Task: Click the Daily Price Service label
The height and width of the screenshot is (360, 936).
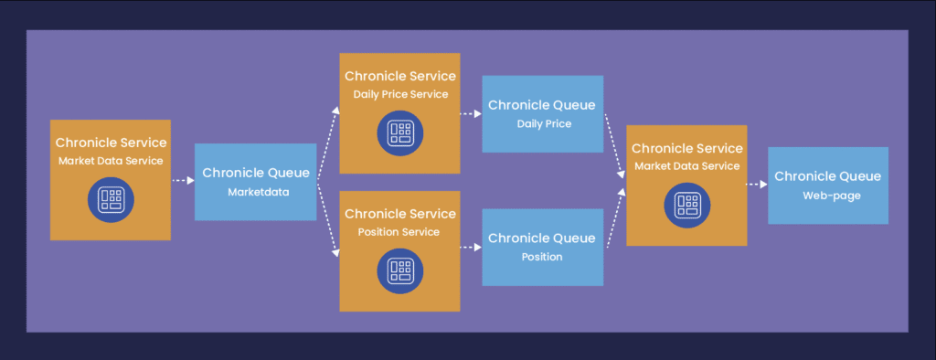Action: tap(400, 94)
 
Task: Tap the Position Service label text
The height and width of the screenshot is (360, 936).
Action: tap(399, 232)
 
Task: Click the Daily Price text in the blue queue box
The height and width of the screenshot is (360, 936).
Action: tap(545, 124)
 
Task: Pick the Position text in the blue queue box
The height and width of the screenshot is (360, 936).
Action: tap(542, 257)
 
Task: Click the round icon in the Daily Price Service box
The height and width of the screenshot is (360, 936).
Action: tap(400, 133)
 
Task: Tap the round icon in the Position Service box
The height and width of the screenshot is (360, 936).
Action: tap(400, 271)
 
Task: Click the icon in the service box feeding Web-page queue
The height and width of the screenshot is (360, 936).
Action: tap(687, 206)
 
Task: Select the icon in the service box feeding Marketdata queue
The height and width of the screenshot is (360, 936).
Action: tap(111, 200)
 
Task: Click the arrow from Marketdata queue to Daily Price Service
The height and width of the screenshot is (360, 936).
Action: tap(328, 143)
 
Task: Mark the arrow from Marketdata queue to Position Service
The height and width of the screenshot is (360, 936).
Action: tap(328, 219)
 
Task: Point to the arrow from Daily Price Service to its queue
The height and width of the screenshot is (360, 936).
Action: tap(471, 113)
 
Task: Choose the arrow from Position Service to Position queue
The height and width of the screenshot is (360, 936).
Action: tap(471, 247)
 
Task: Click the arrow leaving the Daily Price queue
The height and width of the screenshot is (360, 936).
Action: tap(615, 145)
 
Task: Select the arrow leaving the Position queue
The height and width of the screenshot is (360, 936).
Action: tap(616, 217)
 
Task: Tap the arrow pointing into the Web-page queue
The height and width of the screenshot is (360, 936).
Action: tap(757, 185)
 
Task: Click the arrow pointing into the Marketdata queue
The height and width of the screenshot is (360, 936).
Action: tap(183, 180)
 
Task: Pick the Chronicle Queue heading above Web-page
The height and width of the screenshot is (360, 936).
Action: tap(828, 176)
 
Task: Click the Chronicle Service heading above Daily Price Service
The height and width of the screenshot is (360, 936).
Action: tap(400, 77)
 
